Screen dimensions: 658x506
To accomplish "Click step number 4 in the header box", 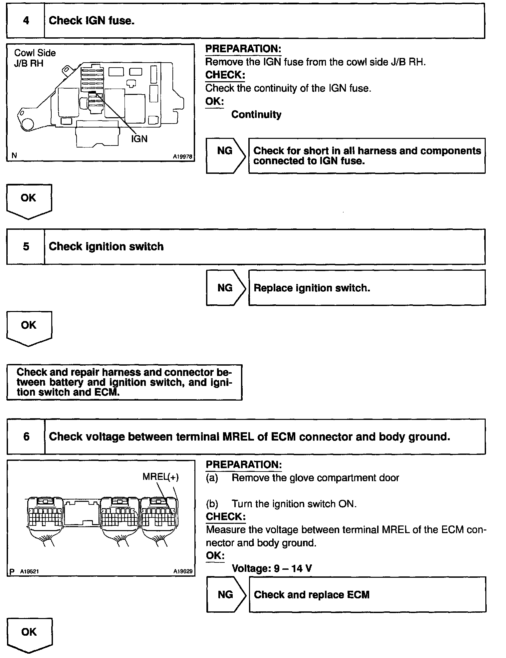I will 26,21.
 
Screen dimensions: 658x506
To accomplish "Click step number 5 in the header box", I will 26,247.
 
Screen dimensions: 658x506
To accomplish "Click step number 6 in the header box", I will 26,437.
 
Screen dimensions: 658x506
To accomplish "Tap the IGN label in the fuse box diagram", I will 139,139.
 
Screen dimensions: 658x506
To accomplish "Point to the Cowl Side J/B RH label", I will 35,58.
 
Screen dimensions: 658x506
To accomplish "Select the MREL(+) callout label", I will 160,477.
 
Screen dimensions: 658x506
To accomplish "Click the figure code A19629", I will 183,571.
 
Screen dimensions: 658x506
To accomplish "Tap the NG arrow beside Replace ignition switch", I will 225,288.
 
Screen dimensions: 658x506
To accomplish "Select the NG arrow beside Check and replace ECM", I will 226,594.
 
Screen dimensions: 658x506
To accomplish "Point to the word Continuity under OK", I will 256,115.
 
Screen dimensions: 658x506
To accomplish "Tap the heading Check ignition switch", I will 106,247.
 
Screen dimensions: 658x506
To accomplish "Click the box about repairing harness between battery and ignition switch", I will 124,382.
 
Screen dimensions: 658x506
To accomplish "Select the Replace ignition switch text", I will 312,288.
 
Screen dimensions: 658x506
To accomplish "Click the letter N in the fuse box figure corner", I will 14,156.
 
